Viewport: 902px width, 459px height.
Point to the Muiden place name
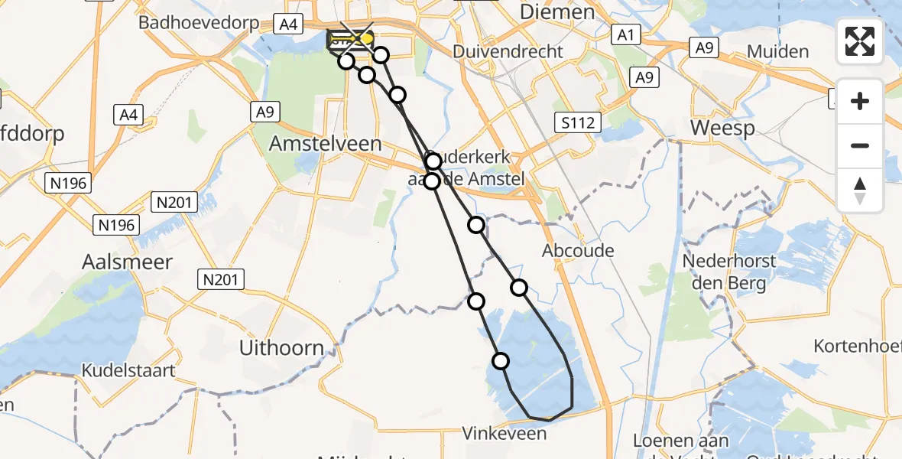[777, 52]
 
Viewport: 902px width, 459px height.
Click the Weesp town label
[722, 128]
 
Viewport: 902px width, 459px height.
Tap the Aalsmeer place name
[127, 262]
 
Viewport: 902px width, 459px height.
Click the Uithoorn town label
[282, 348]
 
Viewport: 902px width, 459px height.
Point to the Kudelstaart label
[129, 371]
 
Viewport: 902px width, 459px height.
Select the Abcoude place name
[578, 251]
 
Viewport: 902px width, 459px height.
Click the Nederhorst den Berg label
[728, 272]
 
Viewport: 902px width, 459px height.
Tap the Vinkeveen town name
[505, 434]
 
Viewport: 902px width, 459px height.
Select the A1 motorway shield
[626, 34]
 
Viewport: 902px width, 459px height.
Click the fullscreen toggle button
[860, 41]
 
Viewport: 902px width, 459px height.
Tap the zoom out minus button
[860, 145]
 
